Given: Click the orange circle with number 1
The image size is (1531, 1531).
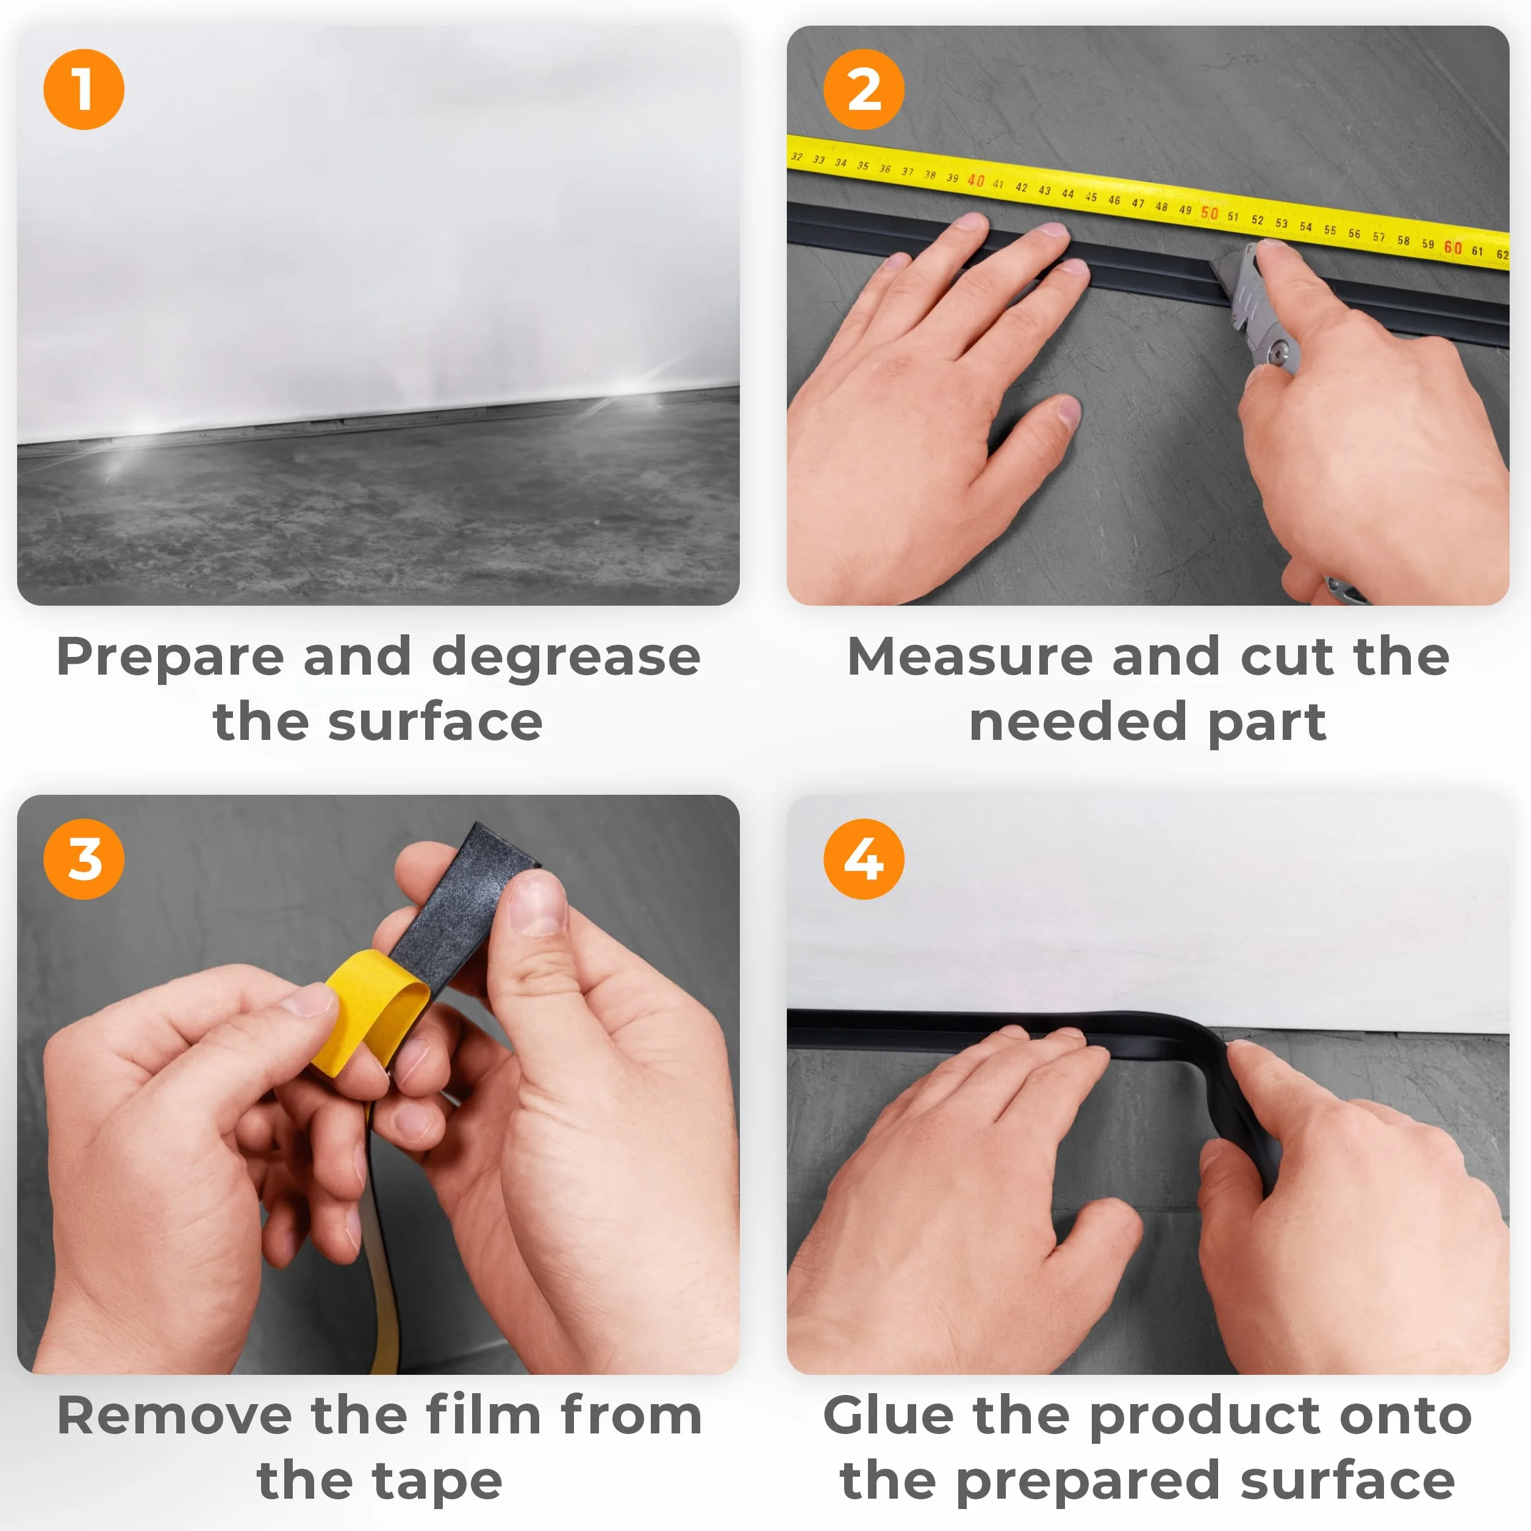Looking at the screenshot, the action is click(84, 89).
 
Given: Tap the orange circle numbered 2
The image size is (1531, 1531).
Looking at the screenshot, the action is click(864, 89).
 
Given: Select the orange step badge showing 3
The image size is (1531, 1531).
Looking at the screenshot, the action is click(84, 859).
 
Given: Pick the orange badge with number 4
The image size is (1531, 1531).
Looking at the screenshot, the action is click(864, 859).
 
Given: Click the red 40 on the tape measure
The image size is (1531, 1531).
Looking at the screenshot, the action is click(975, 181).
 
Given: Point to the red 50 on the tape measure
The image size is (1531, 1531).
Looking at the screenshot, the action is click(1210, 212).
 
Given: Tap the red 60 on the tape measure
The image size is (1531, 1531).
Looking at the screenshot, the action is click(1452, 247).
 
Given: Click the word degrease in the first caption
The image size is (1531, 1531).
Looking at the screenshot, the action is click(566, 658).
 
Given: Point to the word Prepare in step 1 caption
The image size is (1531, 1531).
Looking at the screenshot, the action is click(170, 658).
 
